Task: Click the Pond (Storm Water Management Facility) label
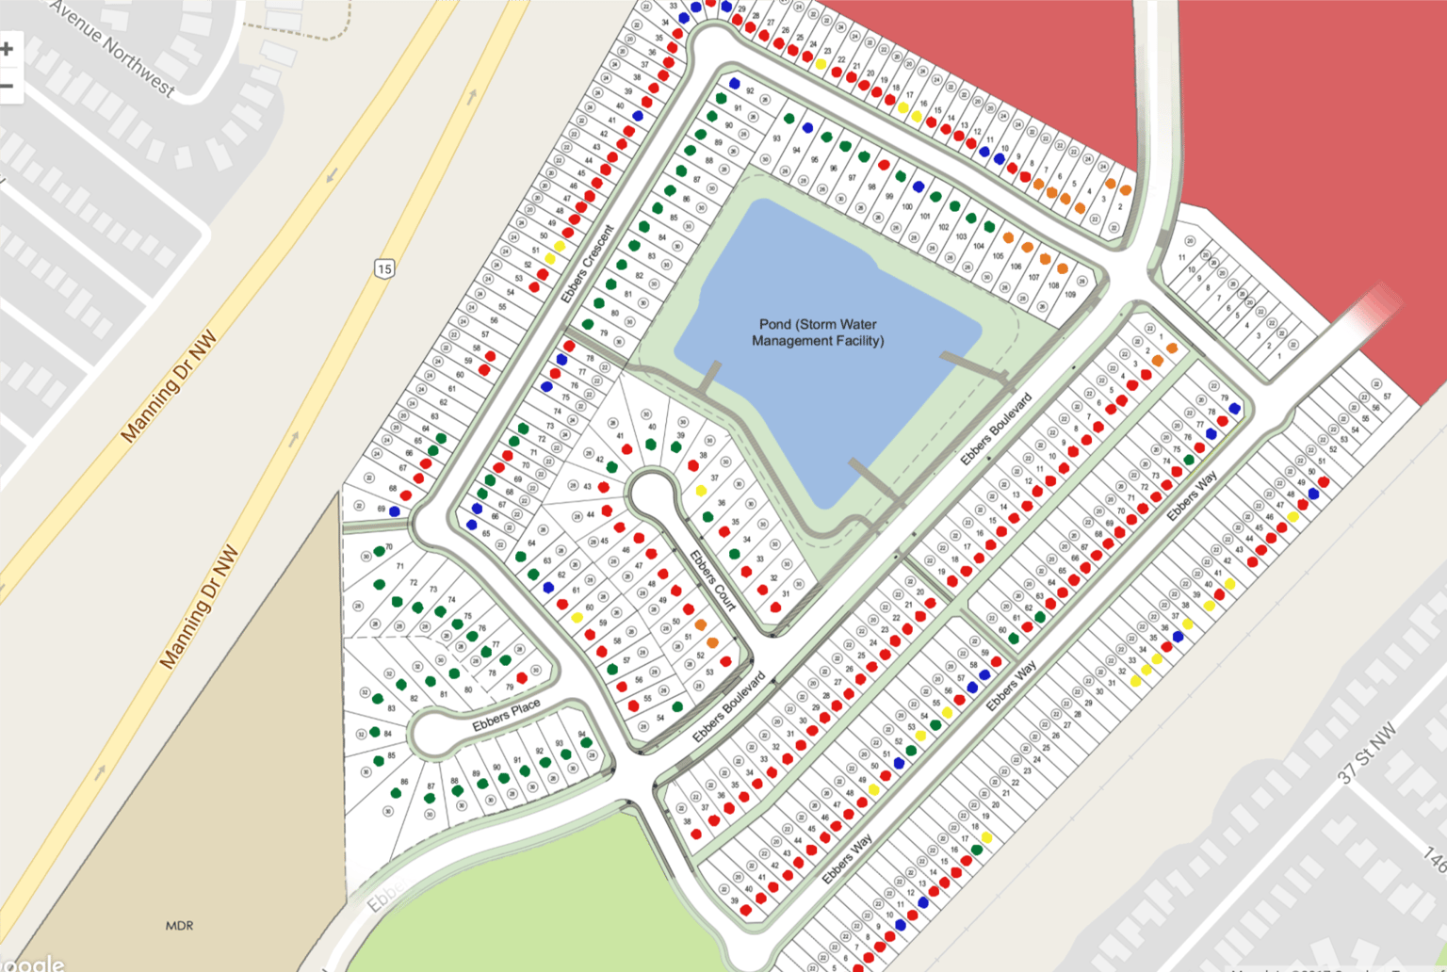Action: pos(818,332)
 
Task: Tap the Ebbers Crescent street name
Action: pos(587,264)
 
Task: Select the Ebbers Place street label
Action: pos(506,715)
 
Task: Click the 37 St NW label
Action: pos(1367,754)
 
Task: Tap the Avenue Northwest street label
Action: pos(113,47)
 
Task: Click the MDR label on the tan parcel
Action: pos(179,926)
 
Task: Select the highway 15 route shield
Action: pos(383,268)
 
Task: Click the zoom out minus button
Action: pos(8,87)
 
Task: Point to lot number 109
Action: pos(1069,295)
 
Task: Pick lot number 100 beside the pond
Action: pos(906,206)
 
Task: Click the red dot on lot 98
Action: pos(884,165)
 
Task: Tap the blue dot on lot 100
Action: pos(919,186)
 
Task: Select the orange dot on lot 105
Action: pos(1008,238)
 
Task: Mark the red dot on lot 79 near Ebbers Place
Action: pos(522,678)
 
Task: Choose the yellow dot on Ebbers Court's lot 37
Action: pos(701,491)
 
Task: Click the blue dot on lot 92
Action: pos(735,84)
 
